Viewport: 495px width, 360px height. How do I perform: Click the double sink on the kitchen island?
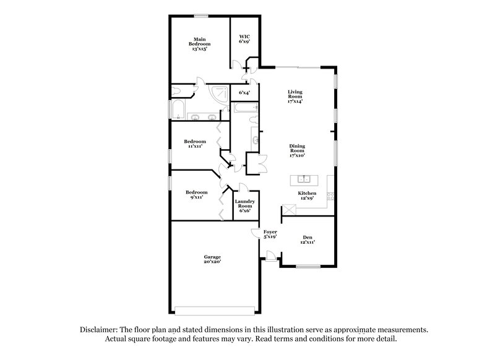(x=304, y=179)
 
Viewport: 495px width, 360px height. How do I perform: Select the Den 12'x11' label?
(x=308, y=239)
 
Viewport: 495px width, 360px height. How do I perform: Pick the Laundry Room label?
(x=244, y=205)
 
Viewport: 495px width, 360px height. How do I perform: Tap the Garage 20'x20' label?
(x=212, y=259)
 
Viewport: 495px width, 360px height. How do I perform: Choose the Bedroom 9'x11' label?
(x=196, y=194)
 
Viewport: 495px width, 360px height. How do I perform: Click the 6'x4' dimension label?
(x=244, y=93)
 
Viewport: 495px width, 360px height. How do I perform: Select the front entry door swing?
(x=270, y=254)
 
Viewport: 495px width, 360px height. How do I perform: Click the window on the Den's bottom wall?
(x=307, y=267)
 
